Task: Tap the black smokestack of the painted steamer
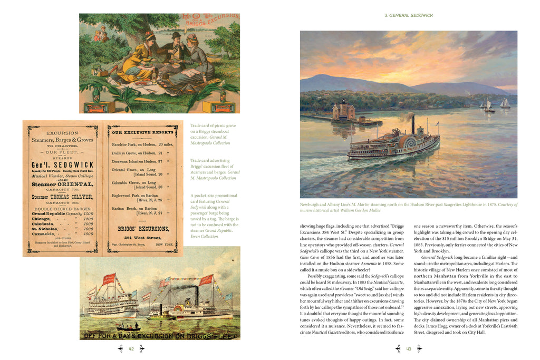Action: pos(413,124)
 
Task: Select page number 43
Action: pos(410,348)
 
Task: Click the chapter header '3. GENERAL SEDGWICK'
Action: pos(409,15)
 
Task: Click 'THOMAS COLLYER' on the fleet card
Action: pos(72,197)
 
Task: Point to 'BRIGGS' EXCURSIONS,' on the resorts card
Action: pos(142,229)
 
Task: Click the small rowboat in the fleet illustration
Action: pos(129,328)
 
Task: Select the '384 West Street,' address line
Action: pos(142,238)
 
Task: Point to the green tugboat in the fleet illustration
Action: pos(157,316)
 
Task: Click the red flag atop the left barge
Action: pos(109,278)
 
